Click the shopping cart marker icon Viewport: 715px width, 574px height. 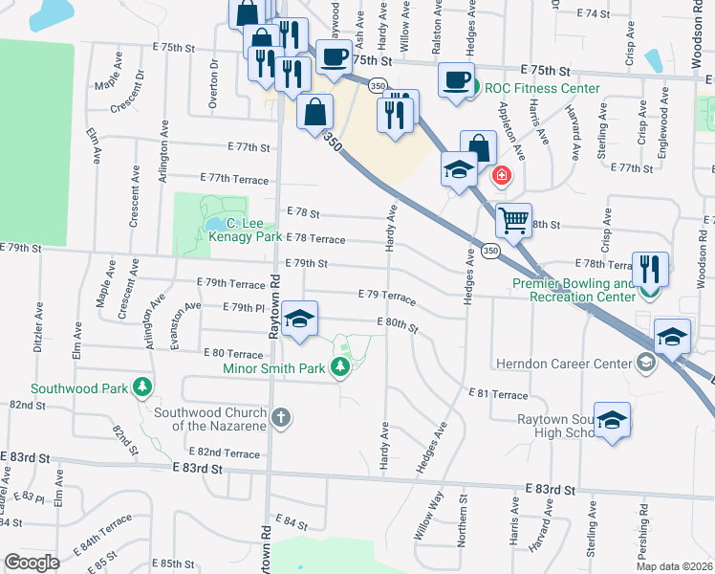[514, 221]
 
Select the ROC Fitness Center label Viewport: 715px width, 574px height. [542, 89]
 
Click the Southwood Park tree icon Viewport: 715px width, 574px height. [141, 386]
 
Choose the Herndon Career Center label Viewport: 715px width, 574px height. [564, 364]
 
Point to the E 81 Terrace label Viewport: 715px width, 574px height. [498, 394]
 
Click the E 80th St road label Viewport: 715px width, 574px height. [398, 325]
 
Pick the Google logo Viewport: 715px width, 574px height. [32, 562]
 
